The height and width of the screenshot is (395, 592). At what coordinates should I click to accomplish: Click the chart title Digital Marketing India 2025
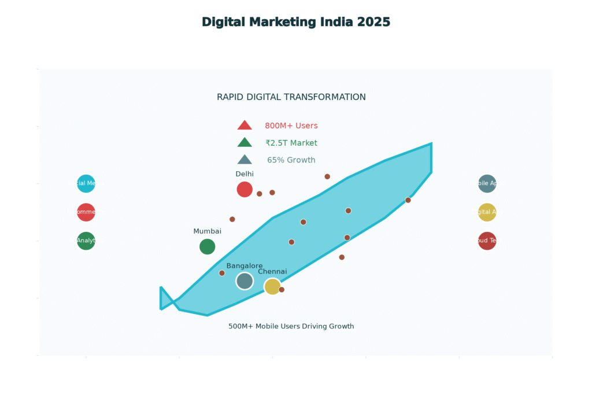point(296,22)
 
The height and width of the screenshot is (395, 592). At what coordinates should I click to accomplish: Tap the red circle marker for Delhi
point(245,189)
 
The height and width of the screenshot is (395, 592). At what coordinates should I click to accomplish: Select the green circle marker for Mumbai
point(207,246)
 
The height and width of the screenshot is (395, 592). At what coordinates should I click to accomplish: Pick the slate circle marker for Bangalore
point(245,280)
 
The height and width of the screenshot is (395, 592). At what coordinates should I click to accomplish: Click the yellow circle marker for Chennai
point(272,286)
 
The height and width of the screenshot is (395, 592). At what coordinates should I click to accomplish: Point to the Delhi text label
point(245,173)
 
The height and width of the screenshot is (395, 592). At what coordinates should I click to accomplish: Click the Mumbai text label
point(207,231)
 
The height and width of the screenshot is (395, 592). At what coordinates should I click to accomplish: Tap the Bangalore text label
point(245,265)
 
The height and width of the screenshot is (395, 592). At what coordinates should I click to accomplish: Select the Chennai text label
point(272,271)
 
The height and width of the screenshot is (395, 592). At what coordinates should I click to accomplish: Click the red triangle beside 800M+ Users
point(245,125)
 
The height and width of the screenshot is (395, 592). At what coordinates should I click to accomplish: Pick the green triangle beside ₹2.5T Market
point(245,143)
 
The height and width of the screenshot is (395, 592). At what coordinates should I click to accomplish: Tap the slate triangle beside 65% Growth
point(245,160)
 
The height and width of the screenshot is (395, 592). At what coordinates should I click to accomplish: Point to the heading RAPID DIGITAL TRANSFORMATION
point(291,97)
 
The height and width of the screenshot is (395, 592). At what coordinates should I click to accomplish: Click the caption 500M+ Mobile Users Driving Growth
point(291,326)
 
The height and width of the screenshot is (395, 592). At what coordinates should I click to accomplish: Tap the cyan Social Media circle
point(86,183)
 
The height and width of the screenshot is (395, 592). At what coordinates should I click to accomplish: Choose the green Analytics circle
point(86,241)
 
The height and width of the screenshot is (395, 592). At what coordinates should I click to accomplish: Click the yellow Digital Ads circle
point(487,212)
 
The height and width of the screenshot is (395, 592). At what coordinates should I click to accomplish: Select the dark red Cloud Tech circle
point(487,241)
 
